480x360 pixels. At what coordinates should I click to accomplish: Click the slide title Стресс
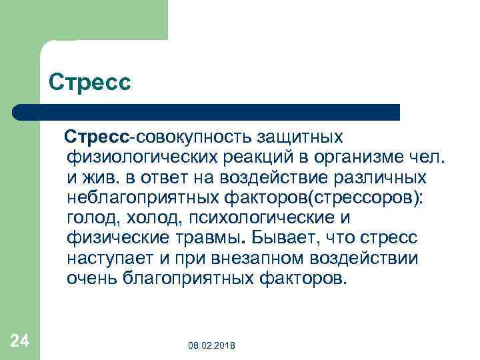click(90, 83)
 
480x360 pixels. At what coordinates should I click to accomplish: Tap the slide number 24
click(20, 341)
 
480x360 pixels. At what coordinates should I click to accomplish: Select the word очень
click(93, 278)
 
